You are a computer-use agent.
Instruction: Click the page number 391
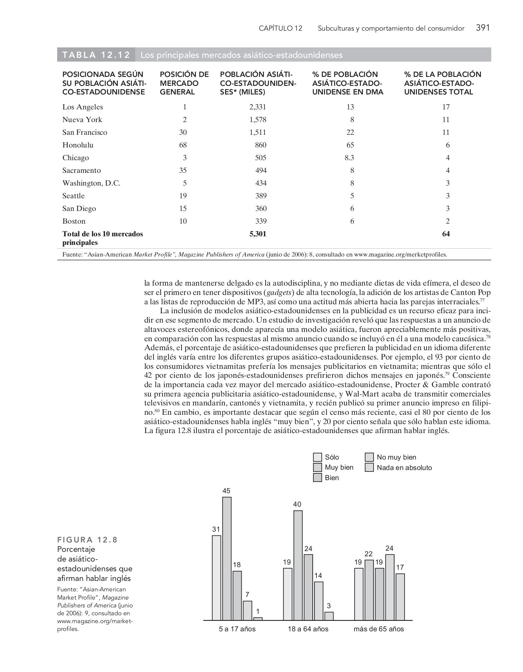click(483, 28)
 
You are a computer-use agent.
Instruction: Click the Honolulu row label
click(78, 145)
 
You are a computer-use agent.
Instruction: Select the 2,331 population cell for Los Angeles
click(257, 107)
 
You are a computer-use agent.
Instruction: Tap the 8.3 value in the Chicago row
click(349, 158)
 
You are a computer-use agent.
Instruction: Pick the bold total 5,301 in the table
click(257, 234)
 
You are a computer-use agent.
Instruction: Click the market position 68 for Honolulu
click(183, 145)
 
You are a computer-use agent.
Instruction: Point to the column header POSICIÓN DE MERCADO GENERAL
click(184, 83)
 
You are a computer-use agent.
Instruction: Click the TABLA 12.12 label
click(96, 55)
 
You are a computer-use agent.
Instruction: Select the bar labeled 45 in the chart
click(227, 558)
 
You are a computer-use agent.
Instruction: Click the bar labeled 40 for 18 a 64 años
click(298, 565)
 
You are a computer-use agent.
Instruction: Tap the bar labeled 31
click(216, 578)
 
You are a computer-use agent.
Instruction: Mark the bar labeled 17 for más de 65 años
click(400, 597)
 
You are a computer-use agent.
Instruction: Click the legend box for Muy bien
click(318, 467)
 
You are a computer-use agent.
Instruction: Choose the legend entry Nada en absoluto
click(404, 467)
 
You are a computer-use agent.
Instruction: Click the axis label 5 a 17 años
click(237, 629)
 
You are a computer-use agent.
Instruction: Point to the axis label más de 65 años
click(379, 629)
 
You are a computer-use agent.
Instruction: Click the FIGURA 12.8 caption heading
click(87, 539)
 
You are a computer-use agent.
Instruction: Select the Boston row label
click(74, 221)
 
